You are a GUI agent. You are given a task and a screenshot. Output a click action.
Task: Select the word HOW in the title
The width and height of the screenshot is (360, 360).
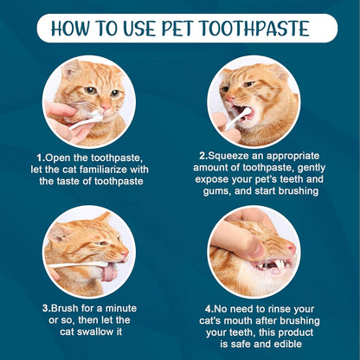pyautogui.click(x=74, y=28)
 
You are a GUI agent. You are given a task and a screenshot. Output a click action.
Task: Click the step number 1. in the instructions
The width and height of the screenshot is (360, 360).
pyautogui.click(x=41, y=157)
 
